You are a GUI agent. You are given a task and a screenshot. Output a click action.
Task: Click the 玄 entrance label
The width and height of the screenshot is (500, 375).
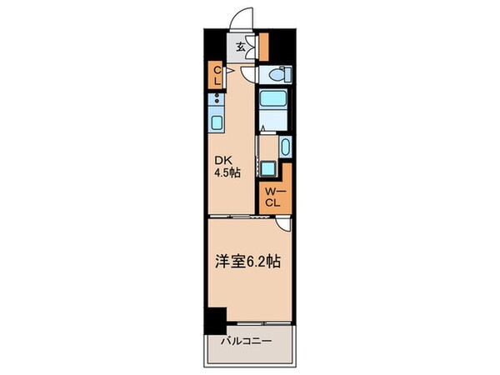[240, 47]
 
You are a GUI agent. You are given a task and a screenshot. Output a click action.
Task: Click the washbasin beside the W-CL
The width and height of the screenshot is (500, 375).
[285, 149]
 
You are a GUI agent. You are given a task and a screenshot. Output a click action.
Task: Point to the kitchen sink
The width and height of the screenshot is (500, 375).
[215, 124]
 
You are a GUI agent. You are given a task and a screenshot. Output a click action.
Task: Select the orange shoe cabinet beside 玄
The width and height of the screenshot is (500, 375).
[262, 47]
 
